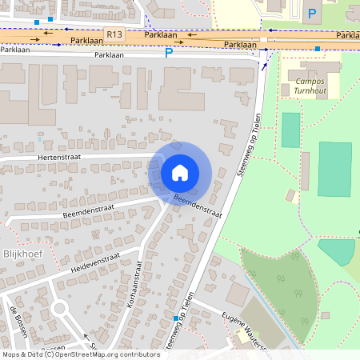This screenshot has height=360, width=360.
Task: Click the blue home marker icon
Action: point(180,172)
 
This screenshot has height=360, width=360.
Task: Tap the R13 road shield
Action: point(114,34)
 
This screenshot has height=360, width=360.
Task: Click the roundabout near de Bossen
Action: point(58,308)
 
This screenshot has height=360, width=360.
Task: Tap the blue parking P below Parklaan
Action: point(168,53)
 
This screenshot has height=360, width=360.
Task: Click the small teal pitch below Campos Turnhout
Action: point(290,130)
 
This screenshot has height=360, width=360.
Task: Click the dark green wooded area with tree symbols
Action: point(280,288)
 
